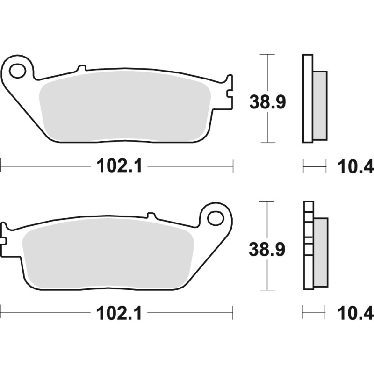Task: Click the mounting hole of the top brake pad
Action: click(x=17, y=71)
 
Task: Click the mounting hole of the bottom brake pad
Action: click(x=216, y=218)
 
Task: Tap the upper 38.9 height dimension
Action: click(x=267, y=102)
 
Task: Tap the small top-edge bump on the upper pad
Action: click(x=81, y=68)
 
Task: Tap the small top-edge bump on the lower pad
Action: click(x=151, y=216)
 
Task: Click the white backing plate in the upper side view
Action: click(x=307, y=98)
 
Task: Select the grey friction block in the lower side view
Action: click(x=321, y=252)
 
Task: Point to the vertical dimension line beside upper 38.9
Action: click(x=267, y=70)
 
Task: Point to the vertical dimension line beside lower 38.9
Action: click(x=267, y=276)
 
